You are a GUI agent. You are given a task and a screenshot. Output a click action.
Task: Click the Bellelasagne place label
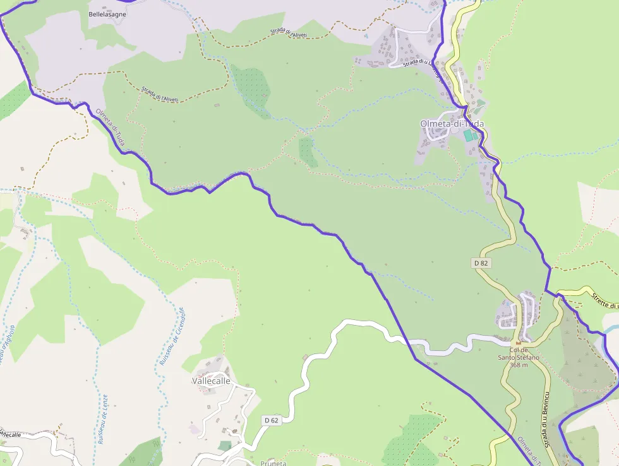(x=107, y=14)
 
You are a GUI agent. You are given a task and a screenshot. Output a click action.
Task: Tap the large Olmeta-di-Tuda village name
(x=452, y=124)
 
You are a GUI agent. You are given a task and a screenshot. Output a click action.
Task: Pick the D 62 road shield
(x=271, y=420)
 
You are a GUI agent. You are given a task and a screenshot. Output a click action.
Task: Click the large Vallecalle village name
(x=211, y=381)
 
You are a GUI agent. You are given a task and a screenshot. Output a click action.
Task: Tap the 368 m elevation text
(x=519, y=365)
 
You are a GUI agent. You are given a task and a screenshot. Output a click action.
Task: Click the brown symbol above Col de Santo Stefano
(x=519, y=343)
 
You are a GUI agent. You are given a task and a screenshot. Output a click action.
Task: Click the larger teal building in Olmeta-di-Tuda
(x=468, y=135)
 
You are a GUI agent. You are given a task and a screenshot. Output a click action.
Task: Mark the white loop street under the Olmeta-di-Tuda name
(x=435, y=137)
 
